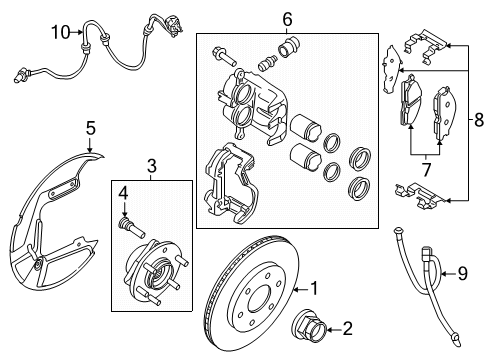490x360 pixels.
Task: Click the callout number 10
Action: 61,33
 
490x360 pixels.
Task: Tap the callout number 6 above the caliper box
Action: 287,19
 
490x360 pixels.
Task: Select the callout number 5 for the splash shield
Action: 91,128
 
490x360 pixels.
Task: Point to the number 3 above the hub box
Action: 152,166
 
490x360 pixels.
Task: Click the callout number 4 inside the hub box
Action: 123,193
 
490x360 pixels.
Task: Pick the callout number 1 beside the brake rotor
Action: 314,288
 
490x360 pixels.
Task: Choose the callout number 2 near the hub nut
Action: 347,329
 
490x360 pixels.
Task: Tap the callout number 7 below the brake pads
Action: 426,170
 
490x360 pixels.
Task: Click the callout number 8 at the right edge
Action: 479,120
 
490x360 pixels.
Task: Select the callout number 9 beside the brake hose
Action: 463,273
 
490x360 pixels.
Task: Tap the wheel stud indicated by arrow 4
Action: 132,228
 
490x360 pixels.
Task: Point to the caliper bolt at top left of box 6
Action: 224,57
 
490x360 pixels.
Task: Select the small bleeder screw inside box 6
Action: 267,62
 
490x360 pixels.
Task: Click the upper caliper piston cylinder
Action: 306,128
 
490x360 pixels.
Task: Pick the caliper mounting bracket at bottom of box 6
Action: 231,183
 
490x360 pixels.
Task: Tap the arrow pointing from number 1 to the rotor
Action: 301,289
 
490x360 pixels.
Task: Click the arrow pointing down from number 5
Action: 90,144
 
